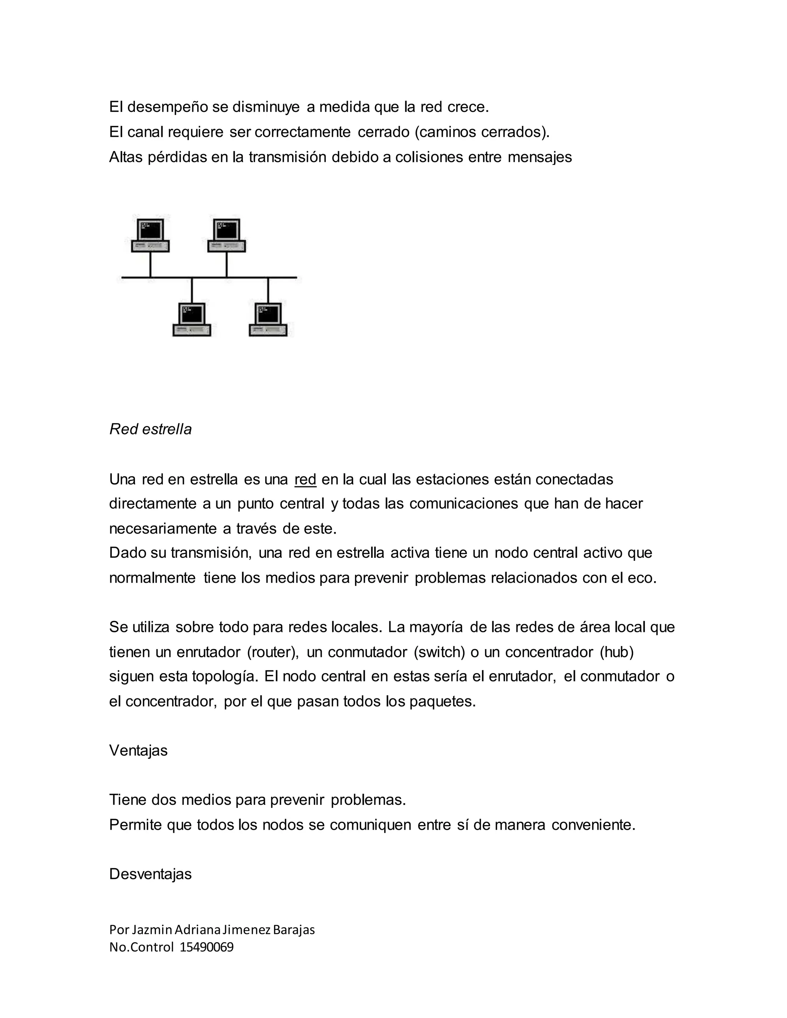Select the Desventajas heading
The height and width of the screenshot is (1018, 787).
[150, 874]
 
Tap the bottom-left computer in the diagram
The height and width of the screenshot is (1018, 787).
[192, 320]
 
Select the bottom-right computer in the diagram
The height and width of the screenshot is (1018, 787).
[268, 320]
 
